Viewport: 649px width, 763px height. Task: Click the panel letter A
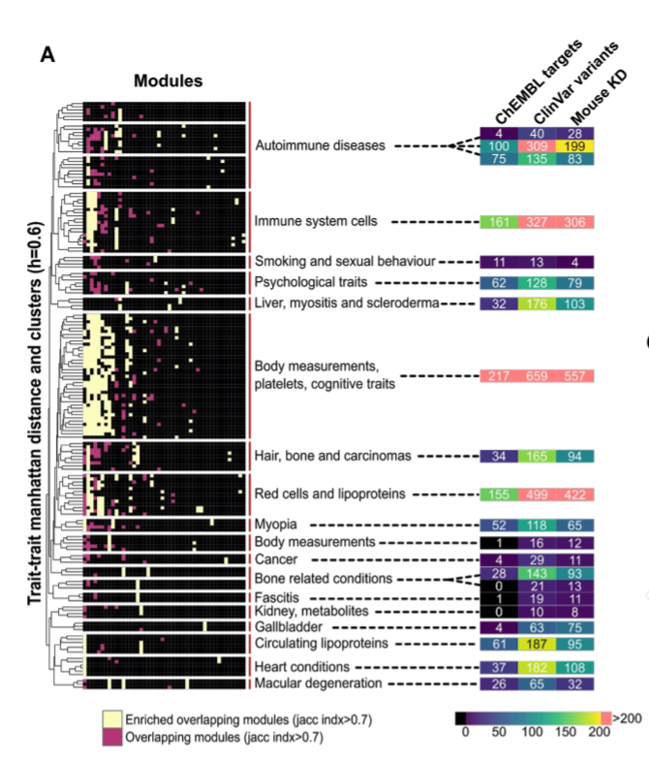(47, 54)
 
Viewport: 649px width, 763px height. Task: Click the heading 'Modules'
(169, 81)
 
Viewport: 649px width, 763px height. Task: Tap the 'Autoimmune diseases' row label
(320, 146)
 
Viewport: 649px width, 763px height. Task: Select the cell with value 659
(536, 376)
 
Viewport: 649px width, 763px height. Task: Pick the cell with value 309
(536, 146)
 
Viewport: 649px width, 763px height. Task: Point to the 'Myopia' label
(276, 525)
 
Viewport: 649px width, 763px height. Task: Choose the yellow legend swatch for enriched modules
(113, 718)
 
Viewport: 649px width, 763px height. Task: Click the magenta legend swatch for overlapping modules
(113, 737)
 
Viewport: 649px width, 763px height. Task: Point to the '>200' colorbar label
(628, 718)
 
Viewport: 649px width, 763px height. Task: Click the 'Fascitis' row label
(276, 595)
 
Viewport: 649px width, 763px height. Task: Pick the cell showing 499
(536, 493)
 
